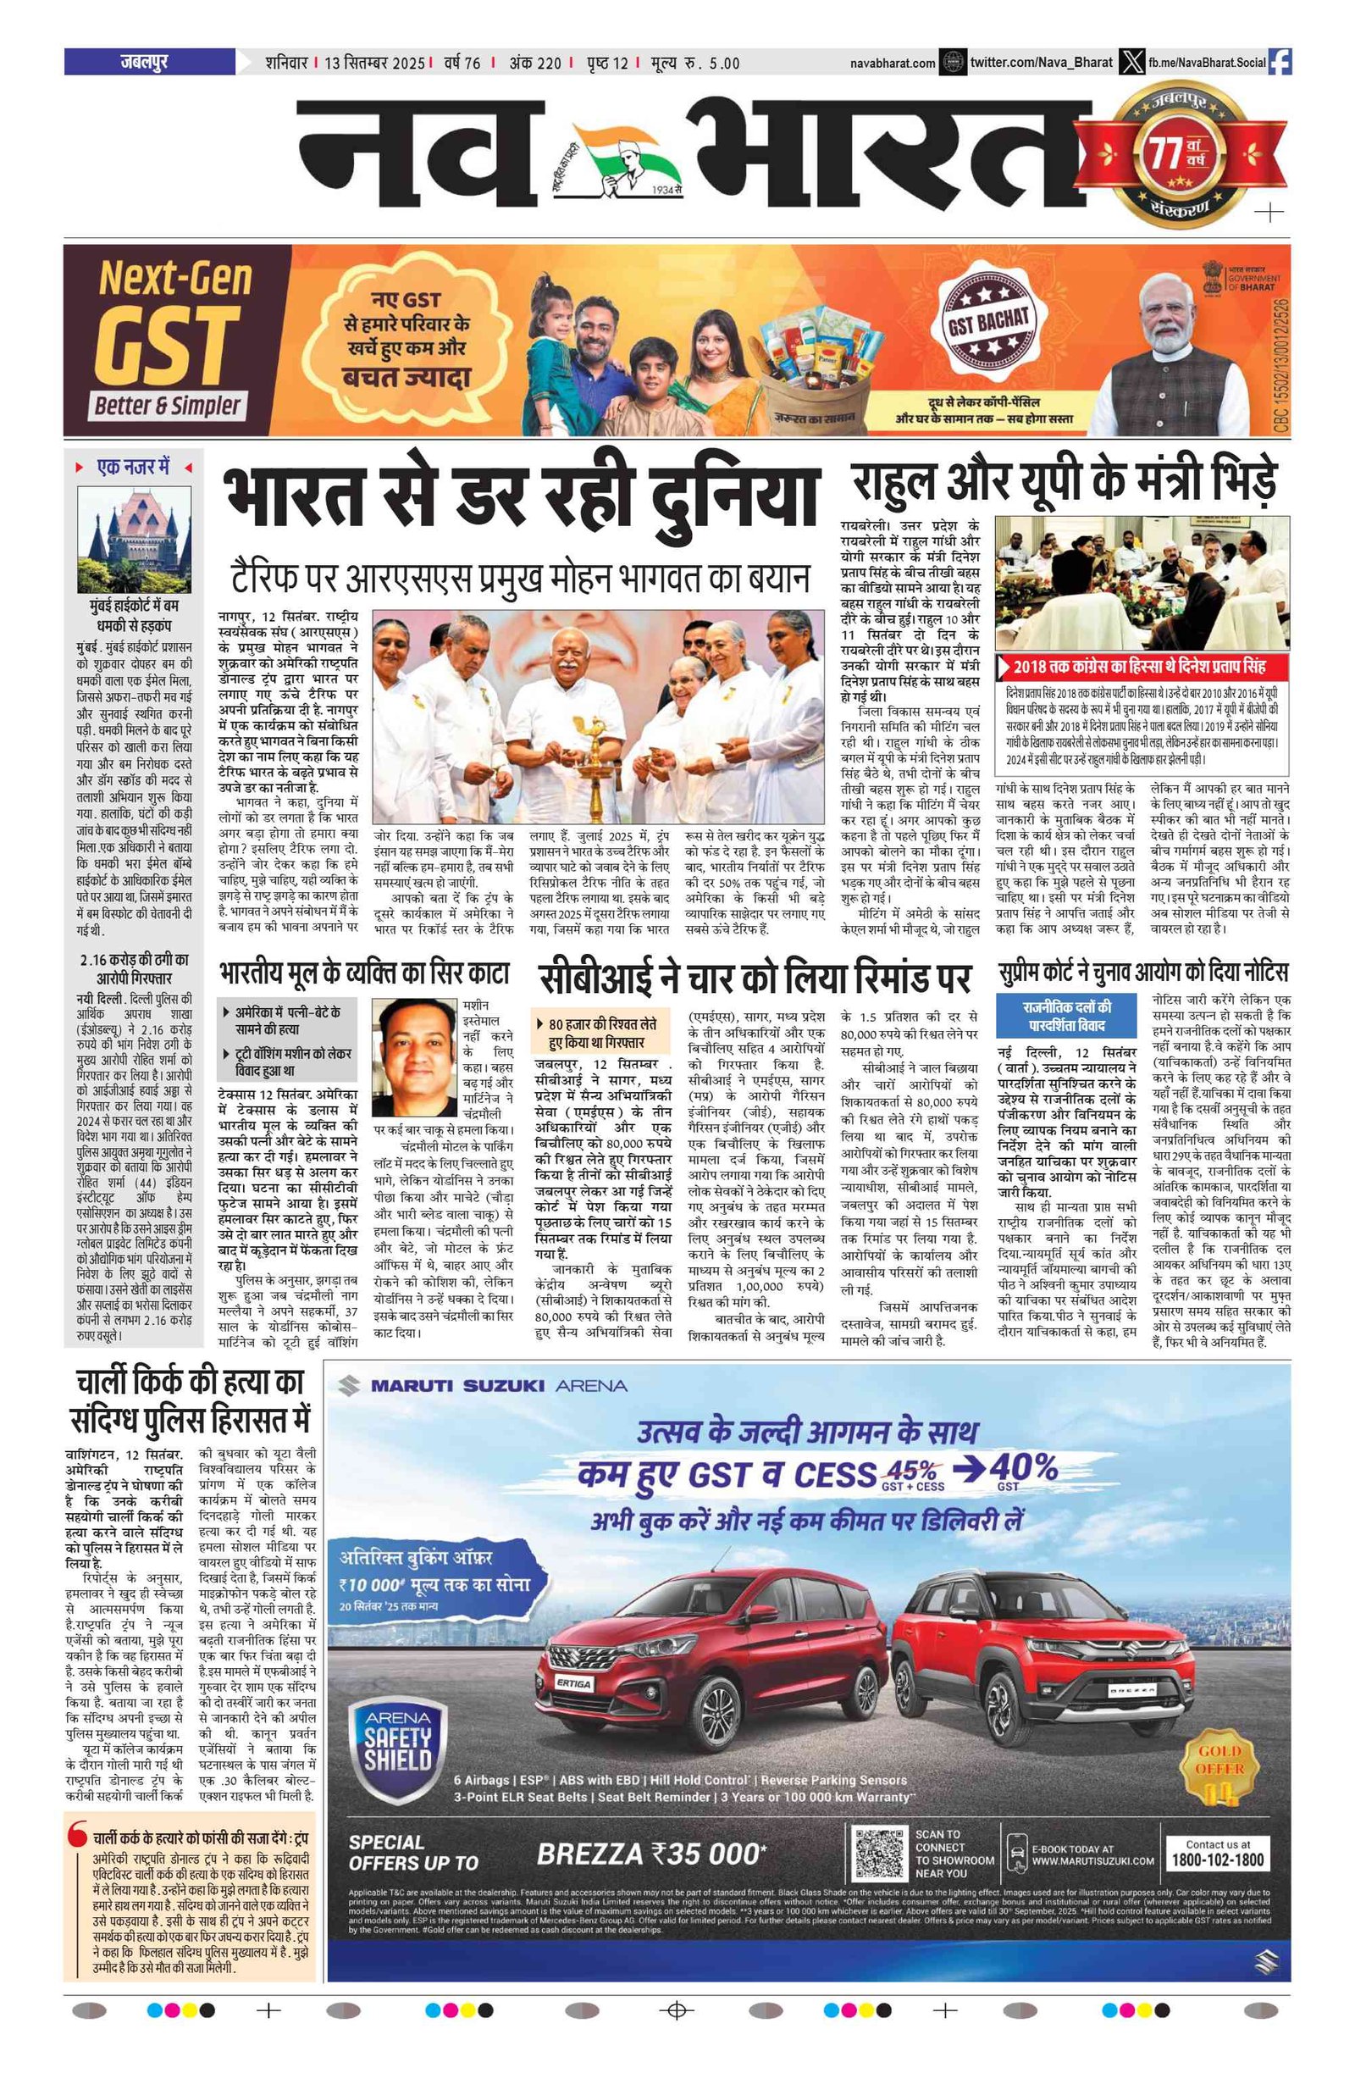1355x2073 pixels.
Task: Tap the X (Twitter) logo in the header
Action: click(1131, 62)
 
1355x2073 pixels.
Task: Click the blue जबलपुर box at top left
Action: click(149, 62)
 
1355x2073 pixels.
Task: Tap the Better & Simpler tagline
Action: click(166, 405)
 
